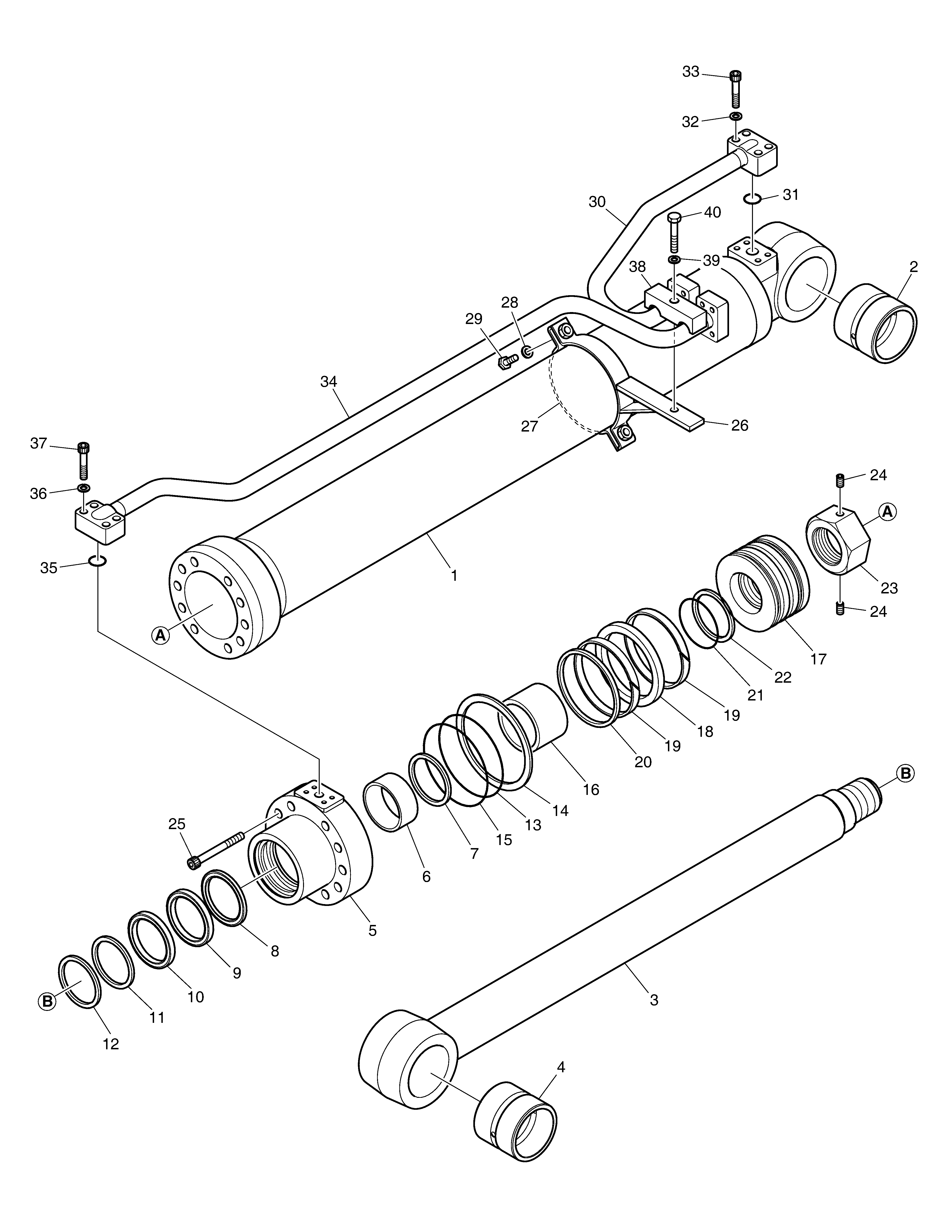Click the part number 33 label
691,72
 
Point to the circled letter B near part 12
47,1002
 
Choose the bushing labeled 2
875,324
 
